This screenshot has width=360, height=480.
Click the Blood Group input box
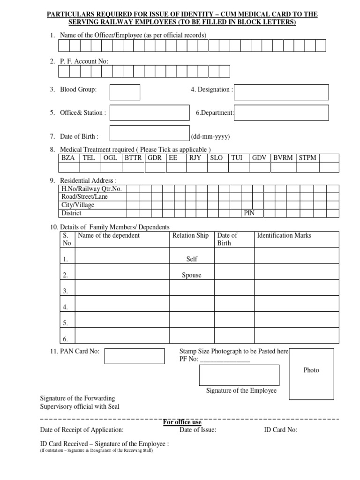pos(125,92)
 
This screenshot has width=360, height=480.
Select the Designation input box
pos(281,92)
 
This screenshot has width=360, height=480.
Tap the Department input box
pos(281,113)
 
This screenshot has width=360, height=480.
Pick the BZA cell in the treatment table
pos(68,158)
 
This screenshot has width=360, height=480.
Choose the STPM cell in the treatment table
pos(307,158)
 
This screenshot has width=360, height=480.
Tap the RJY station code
pos(195,158)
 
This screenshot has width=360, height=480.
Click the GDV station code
pos(259,158)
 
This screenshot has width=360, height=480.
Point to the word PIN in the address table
pos(248,213)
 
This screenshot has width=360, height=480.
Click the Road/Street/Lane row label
pos(84,197)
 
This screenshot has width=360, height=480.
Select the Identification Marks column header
pos(284,235)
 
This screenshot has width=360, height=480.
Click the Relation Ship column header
pos(190,235)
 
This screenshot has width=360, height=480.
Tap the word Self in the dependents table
pos(192,259)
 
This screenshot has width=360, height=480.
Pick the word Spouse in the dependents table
pos(191,275)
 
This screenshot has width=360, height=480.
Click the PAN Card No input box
pos(134,356)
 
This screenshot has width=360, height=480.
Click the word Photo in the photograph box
pos(311,370)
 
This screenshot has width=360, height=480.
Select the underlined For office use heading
pos(182,422)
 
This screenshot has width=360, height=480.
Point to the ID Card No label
pos(281,430)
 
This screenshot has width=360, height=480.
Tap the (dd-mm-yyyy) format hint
pos(210,137)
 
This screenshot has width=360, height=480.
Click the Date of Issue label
pos(198,430)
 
